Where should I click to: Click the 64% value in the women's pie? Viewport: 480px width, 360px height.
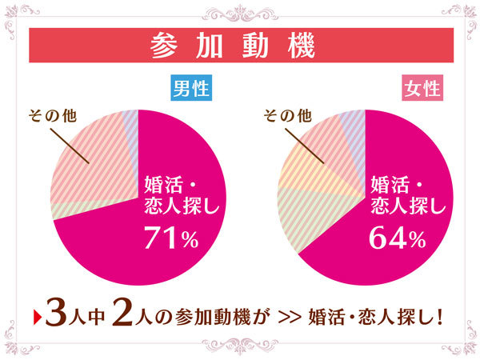pyautogui.click(x=398, y=238)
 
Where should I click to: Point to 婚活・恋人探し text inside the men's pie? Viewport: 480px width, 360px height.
pyautogui.click(x=178, y=195)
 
